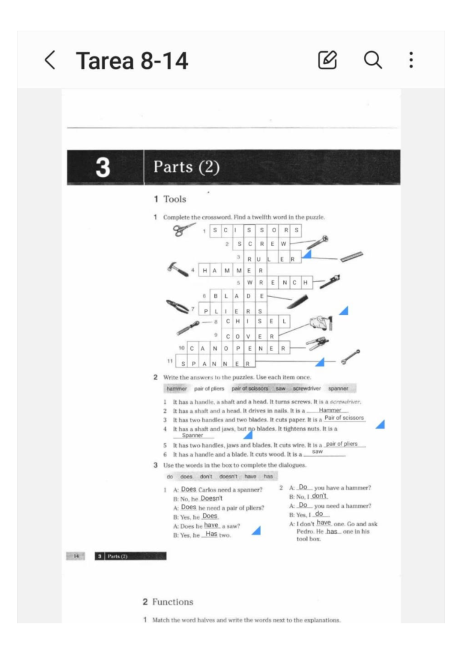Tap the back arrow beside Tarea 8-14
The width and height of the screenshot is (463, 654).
tap(50, 60)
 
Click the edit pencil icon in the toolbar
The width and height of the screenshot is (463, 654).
tap(327, 60)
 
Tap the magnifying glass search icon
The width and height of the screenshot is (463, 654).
tap(373, 60)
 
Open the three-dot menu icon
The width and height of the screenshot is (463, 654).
tap(411, 60)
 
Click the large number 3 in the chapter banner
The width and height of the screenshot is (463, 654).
tap(103, 167)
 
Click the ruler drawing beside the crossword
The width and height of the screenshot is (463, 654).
tap(351, 256)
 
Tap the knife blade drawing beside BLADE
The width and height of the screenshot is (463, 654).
tap(298, 302)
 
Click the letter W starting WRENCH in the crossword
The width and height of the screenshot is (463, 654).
tap(250, 283)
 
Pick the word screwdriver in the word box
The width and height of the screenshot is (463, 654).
tap(306, 388)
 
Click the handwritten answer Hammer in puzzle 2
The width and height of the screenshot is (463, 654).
tap(330, 410)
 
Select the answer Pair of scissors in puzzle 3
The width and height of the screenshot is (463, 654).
tap(344, 418)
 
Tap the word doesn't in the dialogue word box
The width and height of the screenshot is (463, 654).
tap(228, 477)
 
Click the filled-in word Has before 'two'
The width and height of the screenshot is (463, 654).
tap(211, 534)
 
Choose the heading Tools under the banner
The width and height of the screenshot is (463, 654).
tap(174, 199)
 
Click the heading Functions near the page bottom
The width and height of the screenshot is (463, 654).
tap(172, 602)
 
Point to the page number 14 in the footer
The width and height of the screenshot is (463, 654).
tap(76, 556)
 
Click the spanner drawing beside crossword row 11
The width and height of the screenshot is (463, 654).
tap(350, 357)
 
